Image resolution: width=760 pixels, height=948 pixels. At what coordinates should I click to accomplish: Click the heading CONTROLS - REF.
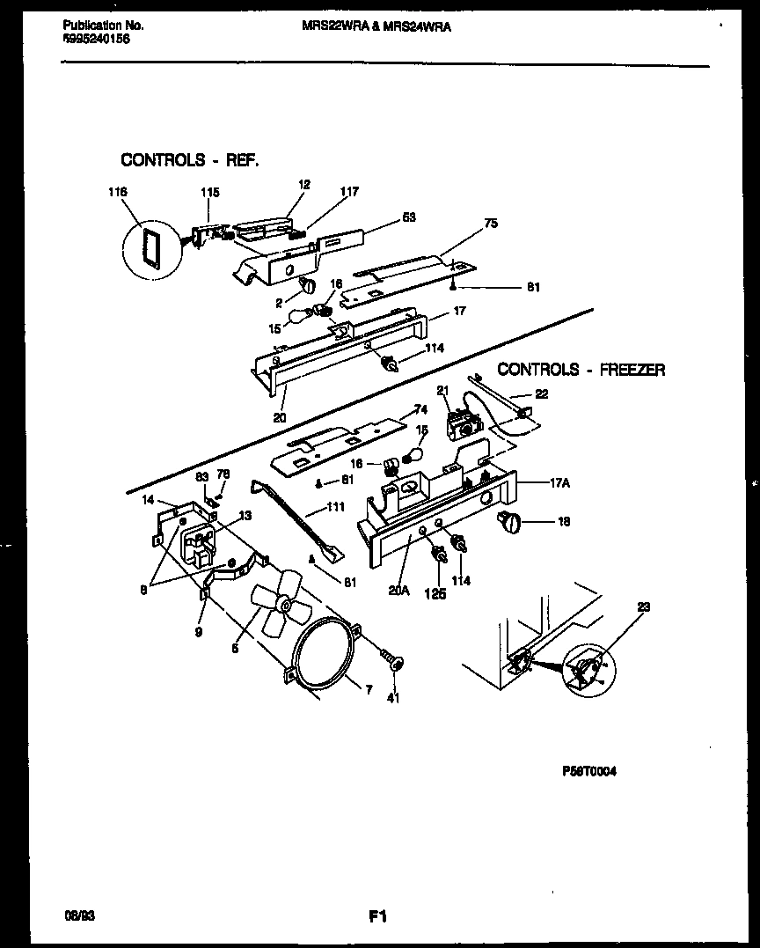coord(190,160)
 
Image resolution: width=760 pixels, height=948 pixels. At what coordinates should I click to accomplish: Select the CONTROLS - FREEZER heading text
coord(581,370)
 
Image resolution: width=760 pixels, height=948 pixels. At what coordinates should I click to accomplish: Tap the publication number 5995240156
coord(97,40)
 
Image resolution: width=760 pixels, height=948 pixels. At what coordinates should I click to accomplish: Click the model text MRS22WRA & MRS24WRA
coord(370,26)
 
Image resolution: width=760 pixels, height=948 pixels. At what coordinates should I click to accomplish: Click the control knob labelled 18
coord(508,523)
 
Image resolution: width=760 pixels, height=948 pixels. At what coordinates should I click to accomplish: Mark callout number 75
coord(490,224)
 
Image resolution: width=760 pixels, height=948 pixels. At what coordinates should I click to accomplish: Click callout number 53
coord(407,217)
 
